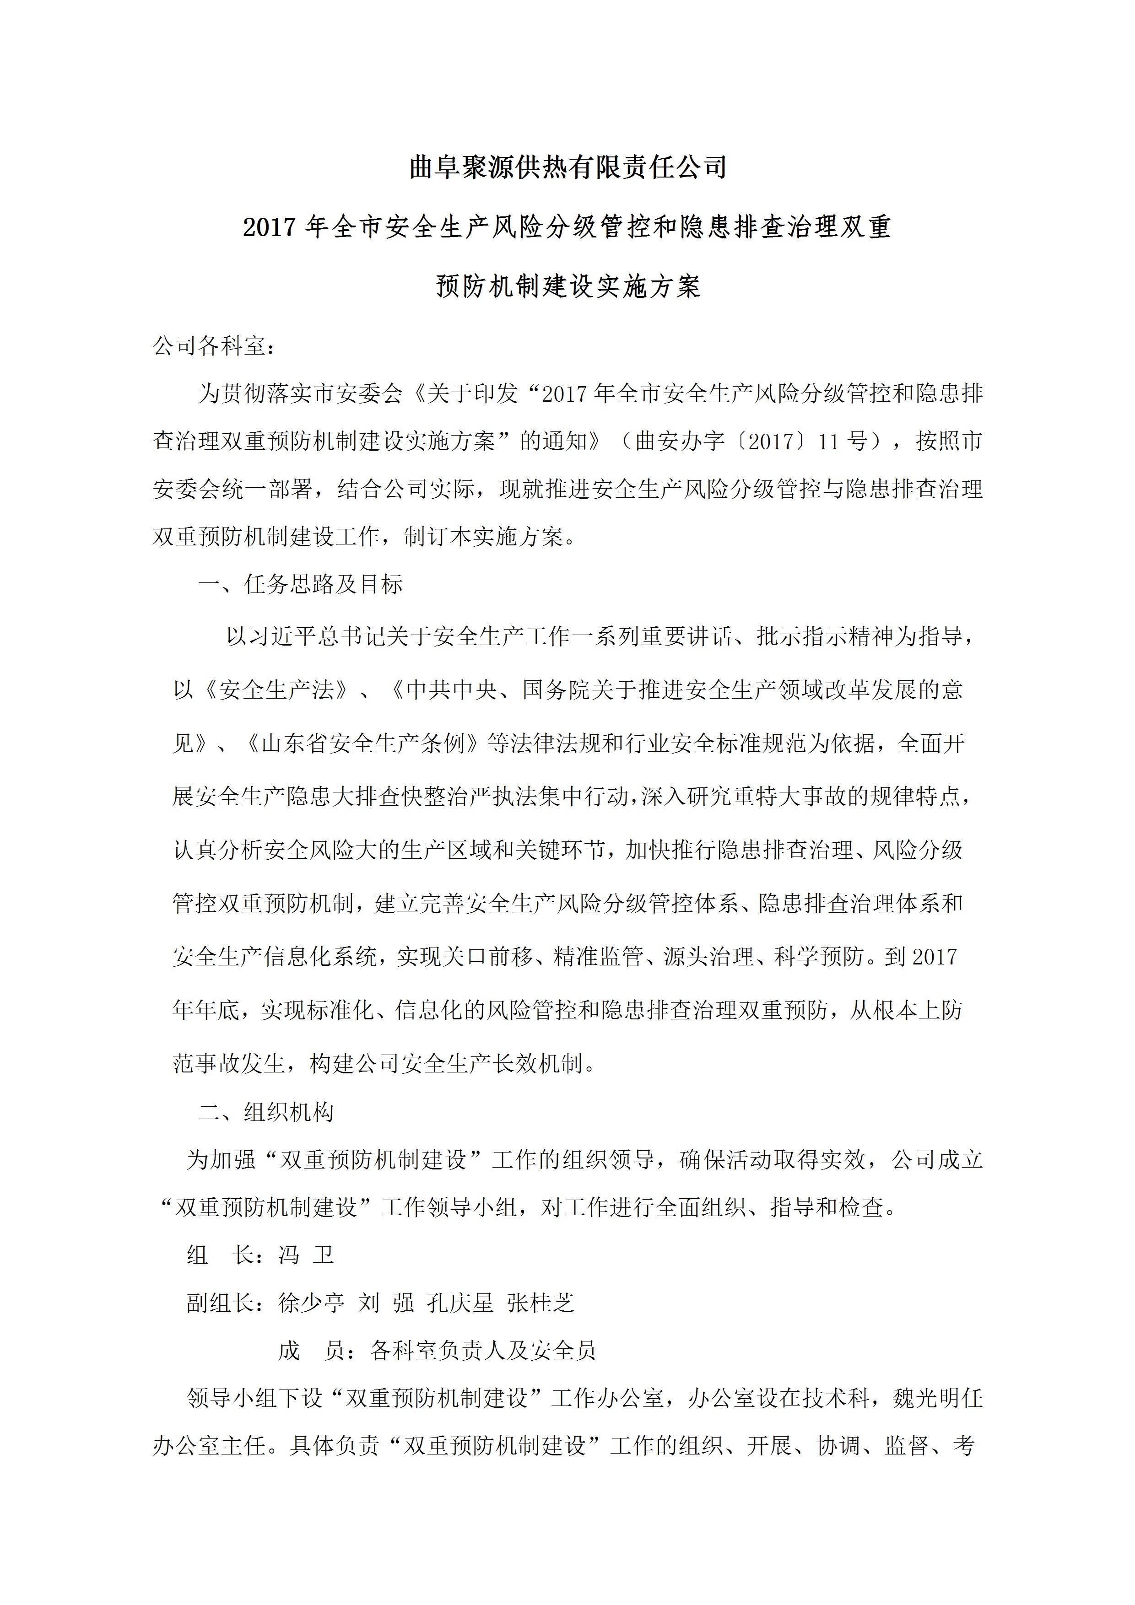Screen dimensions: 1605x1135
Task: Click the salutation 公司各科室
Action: point(209,345)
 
